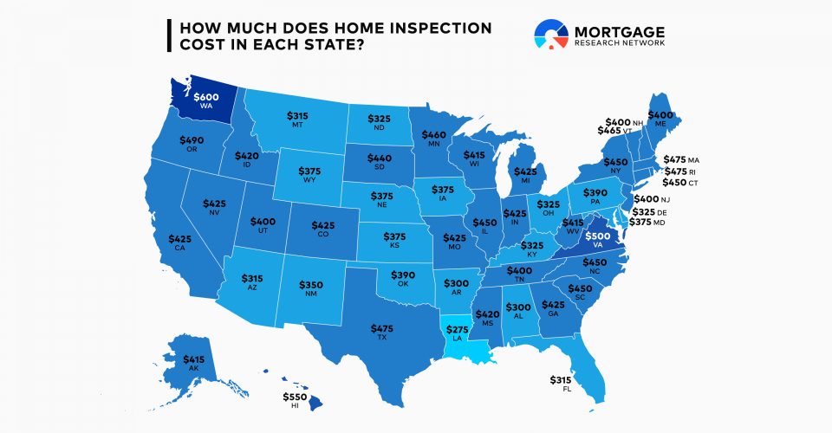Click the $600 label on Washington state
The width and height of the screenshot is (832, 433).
coord(206,98)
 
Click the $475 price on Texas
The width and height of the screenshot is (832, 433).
coord(381,328)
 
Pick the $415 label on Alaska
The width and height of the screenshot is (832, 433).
coord(194,359)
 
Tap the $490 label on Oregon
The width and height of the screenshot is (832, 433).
coord(191,140)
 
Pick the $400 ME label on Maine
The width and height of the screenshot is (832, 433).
coord(660,116)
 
